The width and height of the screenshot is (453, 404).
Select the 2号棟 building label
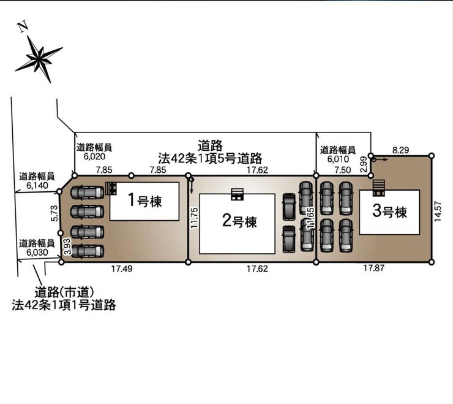[239, 221]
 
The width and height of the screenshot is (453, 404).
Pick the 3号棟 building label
[389, 212]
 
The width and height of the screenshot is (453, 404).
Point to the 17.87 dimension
[373, 269]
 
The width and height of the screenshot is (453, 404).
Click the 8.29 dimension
[402, 149]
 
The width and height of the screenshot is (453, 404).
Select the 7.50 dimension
[343, 170]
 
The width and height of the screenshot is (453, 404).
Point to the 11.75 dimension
[195, 218]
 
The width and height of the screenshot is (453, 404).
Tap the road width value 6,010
[338, 158]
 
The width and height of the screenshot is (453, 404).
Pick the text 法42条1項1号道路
[64, 305]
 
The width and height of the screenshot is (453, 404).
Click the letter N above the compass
[22, 26]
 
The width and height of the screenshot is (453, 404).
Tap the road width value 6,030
[37, 251]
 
